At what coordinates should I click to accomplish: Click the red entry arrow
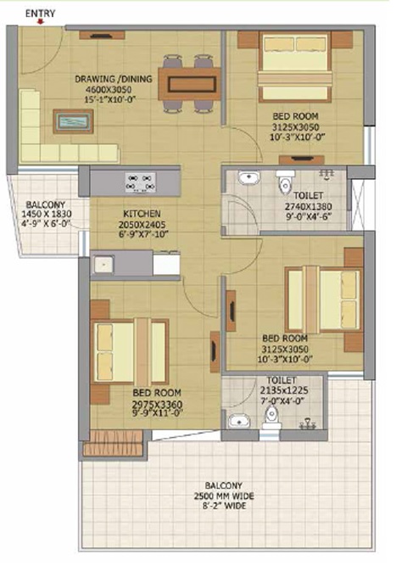(41, 21)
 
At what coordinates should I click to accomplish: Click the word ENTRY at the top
(41, 14)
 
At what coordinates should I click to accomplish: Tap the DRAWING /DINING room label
(114, 79)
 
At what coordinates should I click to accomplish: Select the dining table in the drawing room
(189, 84)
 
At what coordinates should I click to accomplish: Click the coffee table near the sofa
(73, 121)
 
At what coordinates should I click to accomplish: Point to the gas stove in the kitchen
(141, 182)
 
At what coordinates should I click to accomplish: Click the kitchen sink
(103, 264)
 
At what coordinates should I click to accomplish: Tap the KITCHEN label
(142, 214)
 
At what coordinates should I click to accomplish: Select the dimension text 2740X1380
(309, 206)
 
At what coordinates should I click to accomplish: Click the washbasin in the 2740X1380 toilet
(249, 178)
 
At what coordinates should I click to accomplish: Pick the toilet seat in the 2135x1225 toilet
(271, 417)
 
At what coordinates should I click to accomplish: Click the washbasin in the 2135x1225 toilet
(239, 422)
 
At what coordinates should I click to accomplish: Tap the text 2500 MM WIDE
(224, 495)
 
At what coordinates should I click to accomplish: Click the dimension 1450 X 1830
(47, 214)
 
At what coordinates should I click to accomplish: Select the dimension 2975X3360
(157, 405)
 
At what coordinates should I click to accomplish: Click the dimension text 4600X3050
(109, 90)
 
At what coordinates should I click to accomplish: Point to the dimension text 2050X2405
(142, 224)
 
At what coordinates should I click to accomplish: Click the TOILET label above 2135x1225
(282, 381)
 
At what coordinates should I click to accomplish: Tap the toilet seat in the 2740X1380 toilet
(285, 182)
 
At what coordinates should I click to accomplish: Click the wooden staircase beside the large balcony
(113, 443)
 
